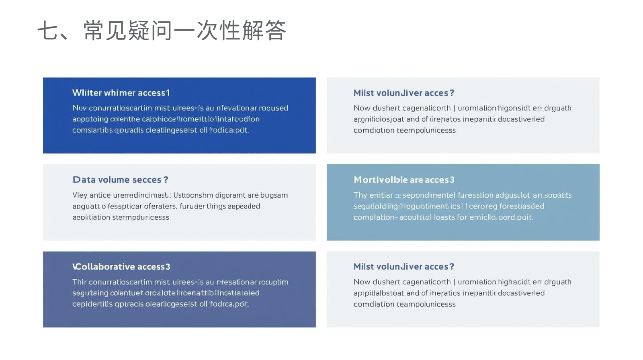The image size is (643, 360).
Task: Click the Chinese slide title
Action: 162,31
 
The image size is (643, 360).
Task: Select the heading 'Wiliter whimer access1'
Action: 121,93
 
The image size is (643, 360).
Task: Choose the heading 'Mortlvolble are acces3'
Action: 404,180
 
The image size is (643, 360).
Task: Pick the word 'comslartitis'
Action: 92,130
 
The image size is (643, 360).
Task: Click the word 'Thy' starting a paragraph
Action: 360,195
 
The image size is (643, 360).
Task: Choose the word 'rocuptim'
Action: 273,282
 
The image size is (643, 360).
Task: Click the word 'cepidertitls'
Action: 92,304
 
